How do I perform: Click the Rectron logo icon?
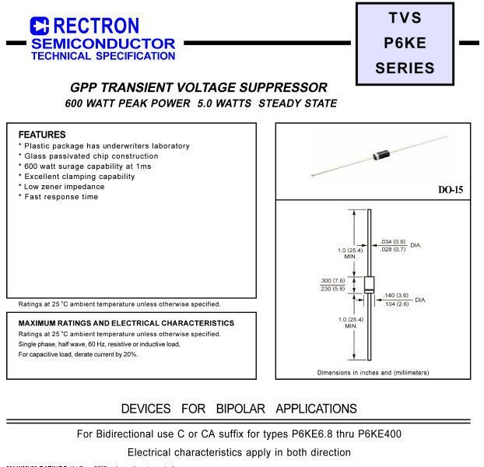pyautogui.click(x=40, y=26)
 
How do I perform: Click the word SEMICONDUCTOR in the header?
pyautogui.click(x=103, y=43)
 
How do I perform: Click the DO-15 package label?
pyautogui.click(x=450, y=189)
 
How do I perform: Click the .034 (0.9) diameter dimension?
pyautogui.click(x=393, y=241)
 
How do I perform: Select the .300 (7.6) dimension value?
pyautogui.click(x=334, y=280)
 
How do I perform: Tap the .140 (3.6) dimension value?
pyautogui.click(x=395, y=296)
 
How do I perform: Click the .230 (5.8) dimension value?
pyautogui.click(x=334, y=289)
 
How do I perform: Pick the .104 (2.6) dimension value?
pyautogui.click(x=395, y=304)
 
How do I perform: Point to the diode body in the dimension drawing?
pyautogui.click(x=369, y=284)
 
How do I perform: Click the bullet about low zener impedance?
pyautogui.click(x=63, y=187)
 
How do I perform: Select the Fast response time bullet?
pyautogui.click(x=60, y=197)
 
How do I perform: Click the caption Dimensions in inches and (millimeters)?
pyautogui.click(x=373, y=372)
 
